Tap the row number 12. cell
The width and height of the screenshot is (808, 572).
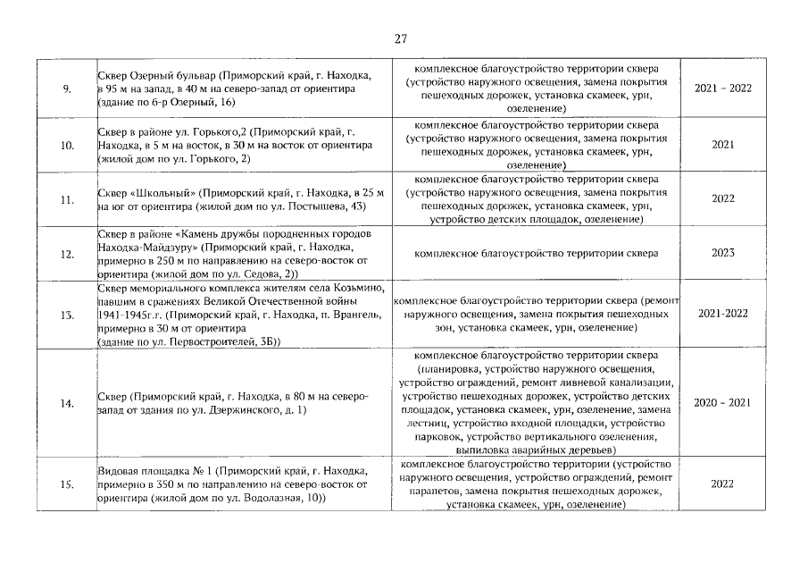[x=67, y=254]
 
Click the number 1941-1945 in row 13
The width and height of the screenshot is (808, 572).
[x=124, y=315]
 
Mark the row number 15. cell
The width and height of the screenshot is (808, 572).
[x=67, y=484]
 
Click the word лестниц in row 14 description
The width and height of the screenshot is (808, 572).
[x=429, y=423]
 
